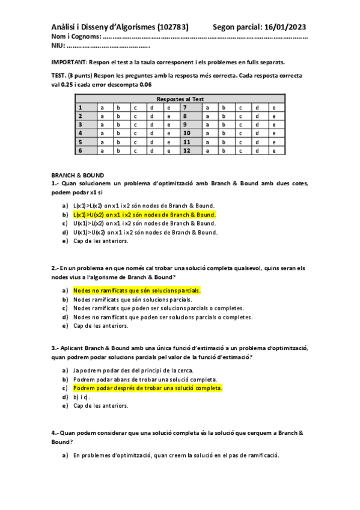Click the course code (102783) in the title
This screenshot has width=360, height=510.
pos(172,26)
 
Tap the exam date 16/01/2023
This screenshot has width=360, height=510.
pos(282,26)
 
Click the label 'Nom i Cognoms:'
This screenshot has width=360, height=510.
pos(73,37)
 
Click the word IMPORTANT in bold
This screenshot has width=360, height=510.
pos(69,62)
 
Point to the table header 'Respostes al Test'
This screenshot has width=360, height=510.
pos(180,99)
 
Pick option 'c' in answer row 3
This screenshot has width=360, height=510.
pos(136,124)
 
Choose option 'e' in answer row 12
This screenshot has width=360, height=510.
pos(273,150)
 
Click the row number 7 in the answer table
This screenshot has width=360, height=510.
pos(185,108)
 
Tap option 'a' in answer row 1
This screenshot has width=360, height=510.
pos(102,108)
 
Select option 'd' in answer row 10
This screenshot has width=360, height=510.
pos(257,134)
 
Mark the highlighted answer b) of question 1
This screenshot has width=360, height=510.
pos(144,214)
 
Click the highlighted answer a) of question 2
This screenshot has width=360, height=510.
pos(136,290)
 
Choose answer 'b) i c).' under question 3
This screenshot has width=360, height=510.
pos(81,397)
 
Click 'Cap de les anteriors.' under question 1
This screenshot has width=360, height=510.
pos(100,241)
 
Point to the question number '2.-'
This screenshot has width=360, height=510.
pos(55,268)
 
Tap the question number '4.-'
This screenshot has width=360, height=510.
pos(55,433)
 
